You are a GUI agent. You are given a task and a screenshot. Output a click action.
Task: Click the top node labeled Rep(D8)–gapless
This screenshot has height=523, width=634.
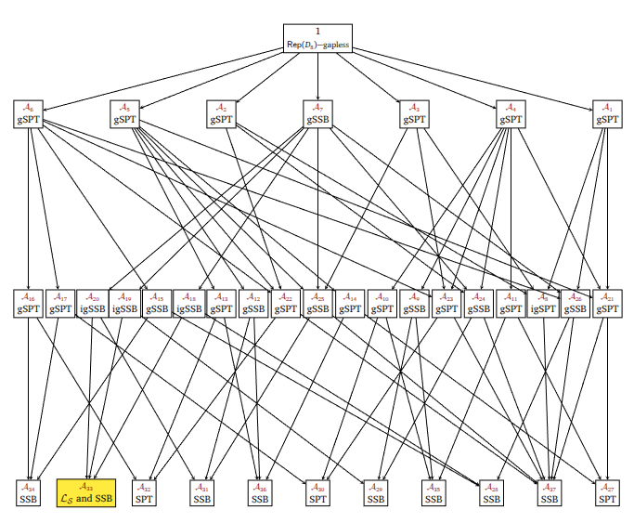317,38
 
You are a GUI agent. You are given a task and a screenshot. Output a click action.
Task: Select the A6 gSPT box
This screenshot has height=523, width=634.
28,114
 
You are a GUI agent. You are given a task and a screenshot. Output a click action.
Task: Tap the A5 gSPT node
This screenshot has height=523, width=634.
124,114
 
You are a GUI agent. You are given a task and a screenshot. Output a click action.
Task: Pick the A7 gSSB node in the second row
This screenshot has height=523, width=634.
318,114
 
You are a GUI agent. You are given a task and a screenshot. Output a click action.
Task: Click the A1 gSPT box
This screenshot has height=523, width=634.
606,114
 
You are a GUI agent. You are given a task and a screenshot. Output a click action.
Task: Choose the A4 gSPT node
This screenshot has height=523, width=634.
510,114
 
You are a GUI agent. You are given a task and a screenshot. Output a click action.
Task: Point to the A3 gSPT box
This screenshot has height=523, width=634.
414,114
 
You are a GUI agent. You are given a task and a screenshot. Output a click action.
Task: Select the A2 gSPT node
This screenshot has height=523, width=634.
221,114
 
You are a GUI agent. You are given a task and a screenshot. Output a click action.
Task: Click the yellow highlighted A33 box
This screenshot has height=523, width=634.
86,492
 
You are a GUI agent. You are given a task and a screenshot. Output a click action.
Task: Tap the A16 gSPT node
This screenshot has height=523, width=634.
28,304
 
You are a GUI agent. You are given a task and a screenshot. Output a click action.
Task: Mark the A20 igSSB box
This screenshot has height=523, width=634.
92,304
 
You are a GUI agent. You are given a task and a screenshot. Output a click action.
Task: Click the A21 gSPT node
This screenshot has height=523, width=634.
606,304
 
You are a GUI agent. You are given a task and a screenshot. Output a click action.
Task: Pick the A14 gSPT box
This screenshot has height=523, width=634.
350,304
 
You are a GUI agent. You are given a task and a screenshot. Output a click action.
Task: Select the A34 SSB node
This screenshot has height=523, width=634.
28,492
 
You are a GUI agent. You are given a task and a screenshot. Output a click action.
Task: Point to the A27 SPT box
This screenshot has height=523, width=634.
606,492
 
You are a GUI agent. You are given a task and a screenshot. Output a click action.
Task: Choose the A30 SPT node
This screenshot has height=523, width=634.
317,492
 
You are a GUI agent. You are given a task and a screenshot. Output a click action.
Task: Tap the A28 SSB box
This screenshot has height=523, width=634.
491,492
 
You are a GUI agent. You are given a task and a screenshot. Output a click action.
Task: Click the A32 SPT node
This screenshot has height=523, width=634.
144,492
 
